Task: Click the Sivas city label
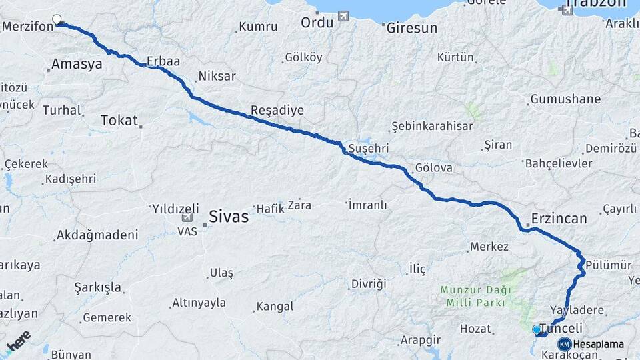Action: coord(229,217)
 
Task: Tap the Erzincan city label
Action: coord(559,219)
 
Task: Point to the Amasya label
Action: coord(75,65)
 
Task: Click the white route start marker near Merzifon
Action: coord(57,20)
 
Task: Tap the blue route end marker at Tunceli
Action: coord(537,329)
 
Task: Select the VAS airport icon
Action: coord(186,218)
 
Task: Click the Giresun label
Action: coord(413,28)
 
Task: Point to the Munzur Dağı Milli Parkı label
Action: coord(475,297)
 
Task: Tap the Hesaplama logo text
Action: coord(599,345)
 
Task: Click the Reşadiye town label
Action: coord(277,111)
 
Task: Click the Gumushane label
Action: coord(565,99)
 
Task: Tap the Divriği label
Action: coord(369,284)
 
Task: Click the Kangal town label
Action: coord(275,307)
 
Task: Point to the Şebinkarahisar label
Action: coord(432,126)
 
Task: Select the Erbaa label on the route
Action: coord(163,61)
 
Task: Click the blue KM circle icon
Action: coord(564,345)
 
